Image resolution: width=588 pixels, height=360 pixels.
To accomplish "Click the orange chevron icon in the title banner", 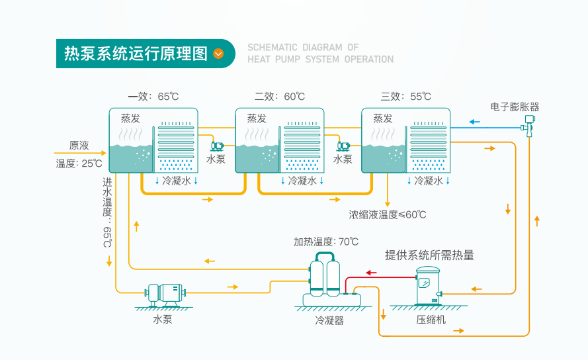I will tap(219, 54).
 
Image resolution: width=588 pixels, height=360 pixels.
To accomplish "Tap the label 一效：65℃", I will tap(153, 97).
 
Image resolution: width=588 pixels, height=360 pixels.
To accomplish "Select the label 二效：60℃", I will tap(279, 97).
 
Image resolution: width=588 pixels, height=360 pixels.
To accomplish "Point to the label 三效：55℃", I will tap(405, 97).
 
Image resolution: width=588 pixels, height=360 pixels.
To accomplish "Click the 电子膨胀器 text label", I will tap(515, 107).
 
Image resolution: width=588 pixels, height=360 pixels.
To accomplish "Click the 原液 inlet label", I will tap(79, 146).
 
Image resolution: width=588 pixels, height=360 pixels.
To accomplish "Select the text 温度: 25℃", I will tap(79, 163).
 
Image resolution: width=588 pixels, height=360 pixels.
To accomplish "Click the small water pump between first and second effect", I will tap(217, 146).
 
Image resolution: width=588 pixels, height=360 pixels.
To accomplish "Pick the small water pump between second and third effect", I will tap(343, 146).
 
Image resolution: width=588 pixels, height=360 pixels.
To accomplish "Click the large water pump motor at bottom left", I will tap(165, 293).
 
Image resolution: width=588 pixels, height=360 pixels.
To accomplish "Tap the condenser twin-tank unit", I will tap(325, 281).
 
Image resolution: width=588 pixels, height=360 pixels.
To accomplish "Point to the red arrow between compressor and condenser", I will tap(372, 272).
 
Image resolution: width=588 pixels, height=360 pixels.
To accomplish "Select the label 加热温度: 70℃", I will tap(326, 242).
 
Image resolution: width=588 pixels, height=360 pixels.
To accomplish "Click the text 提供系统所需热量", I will tap(429, 255).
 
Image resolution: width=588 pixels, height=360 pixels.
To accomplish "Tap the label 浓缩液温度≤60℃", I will tap(388, 214).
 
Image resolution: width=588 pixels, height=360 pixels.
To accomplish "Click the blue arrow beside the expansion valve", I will tap(474, 121).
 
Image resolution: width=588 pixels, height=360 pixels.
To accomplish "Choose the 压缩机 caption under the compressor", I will tap(431, 320).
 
